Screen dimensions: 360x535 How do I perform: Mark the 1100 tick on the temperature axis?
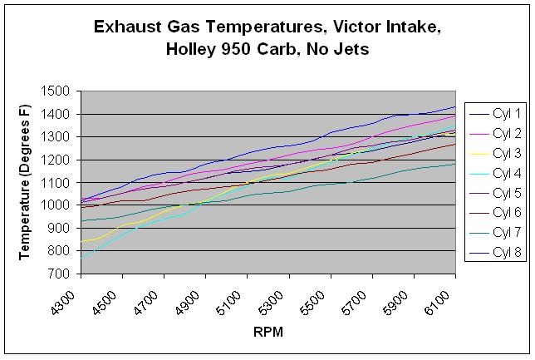coord(59,182)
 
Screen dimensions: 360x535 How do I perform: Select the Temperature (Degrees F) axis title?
coord(24,182)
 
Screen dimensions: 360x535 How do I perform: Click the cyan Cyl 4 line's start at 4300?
coord(81,257)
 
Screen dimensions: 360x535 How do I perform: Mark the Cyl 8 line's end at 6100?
coord(454,106)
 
